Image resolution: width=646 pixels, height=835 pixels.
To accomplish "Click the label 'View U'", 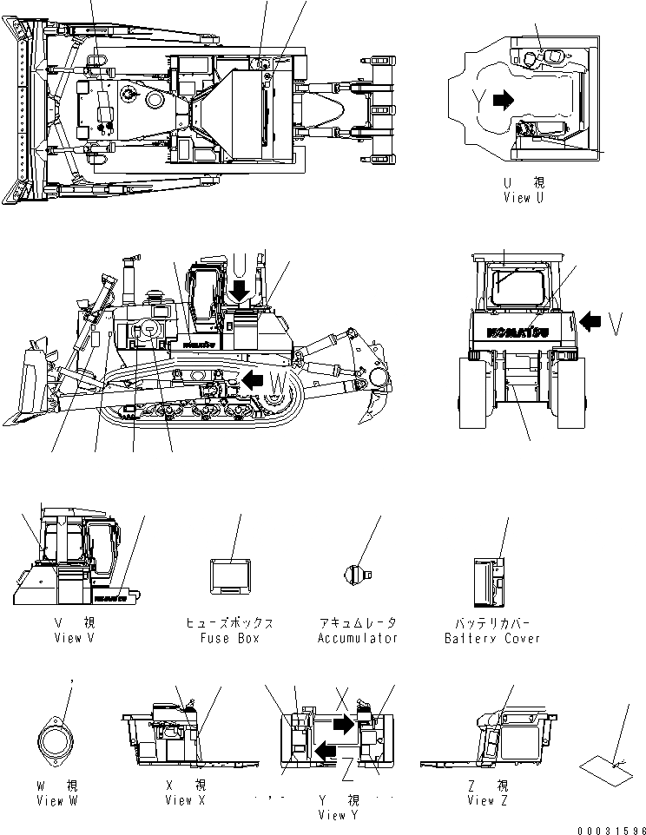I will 524,198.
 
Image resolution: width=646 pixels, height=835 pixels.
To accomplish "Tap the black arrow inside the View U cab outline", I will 503,101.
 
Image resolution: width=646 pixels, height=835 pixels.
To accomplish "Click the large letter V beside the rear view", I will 616,324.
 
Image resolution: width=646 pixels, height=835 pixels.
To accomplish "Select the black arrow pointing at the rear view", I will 590,322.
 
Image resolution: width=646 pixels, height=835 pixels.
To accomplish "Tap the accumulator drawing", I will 357,572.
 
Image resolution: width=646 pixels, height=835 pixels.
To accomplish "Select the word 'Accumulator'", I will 357,638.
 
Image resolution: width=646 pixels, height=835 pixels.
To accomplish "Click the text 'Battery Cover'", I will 491,638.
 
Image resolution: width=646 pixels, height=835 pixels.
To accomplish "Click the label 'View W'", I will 57,800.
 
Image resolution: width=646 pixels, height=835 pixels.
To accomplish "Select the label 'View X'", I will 185,800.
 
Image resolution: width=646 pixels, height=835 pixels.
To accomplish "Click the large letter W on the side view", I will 276,381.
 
